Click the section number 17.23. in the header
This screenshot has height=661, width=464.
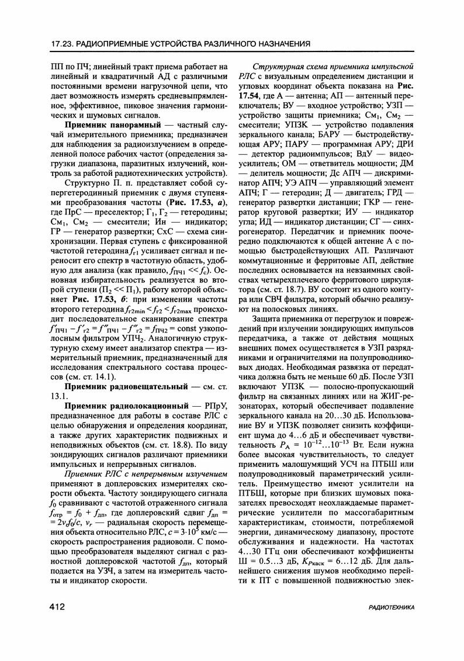tap(64, 44)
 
